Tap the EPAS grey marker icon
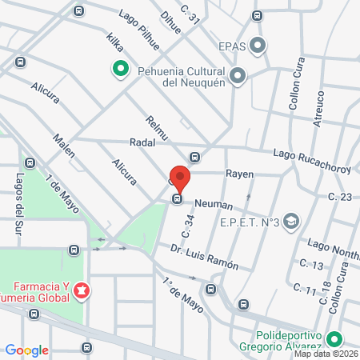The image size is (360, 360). [x=258, y=46]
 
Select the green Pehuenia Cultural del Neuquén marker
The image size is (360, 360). [x=120, y=70]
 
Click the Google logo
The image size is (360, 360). [x=27, y=350]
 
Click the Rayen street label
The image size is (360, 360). [x=238, y=173]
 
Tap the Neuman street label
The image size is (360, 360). [x=213, y=205]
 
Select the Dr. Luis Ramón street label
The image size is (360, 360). [x=204, y=258]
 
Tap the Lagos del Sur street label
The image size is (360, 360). [x=18, y=204]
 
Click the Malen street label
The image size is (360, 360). [x=64, y=145]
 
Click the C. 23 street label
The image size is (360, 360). [x=340, y=197]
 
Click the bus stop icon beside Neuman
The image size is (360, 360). [x=178, y=200]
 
